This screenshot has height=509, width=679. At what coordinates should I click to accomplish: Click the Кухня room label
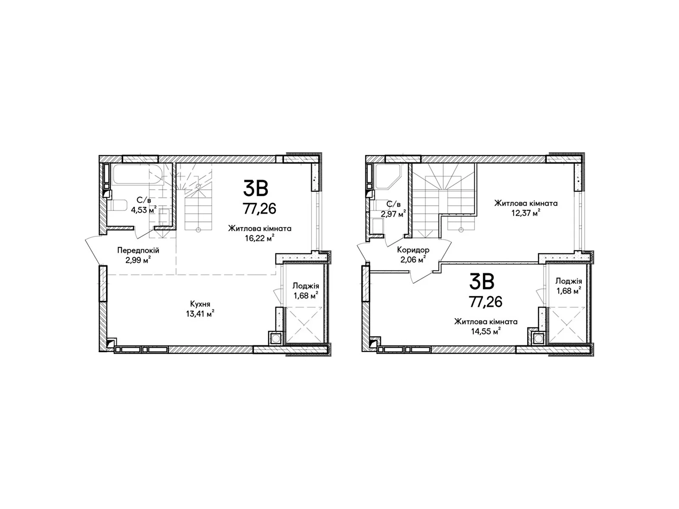point(200,304)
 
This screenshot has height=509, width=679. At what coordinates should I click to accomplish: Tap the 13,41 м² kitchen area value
point(200,314)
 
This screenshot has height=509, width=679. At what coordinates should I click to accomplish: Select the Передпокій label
point(138,250)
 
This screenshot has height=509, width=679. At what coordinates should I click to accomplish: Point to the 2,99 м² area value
point(138,260)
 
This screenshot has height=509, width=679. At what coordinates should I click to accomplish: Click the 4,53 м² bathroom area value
point(144,210)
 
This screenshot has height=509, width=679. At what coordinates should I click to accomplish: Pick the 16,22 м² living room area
point(260,238)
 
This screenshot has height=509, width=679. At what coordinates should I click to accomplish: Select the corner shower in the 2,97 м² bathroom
point(388,176)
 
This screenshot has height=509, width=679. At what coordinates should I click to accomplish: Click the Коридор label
point(413,249)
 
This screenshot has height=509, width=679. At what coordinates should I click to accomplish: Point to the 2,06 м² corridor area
point(413,260)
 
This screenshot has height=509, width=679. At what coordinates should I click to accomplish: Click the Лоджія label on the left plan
point(306,286)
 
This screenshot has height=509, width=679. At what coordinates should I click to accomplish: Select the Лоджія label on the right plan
point(569,281)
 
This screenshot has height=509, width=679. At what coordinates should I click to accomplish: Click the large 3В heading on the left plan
point(255,188)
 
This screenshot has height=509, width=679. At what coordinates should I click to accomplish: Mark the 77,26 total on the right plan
point(485,302)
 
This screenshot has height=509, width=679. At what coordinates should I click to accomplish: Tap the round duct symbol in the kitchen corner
point(275,338)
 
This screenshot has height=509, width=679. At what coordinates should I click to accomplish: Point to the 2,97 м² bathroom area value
point(393,213)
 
